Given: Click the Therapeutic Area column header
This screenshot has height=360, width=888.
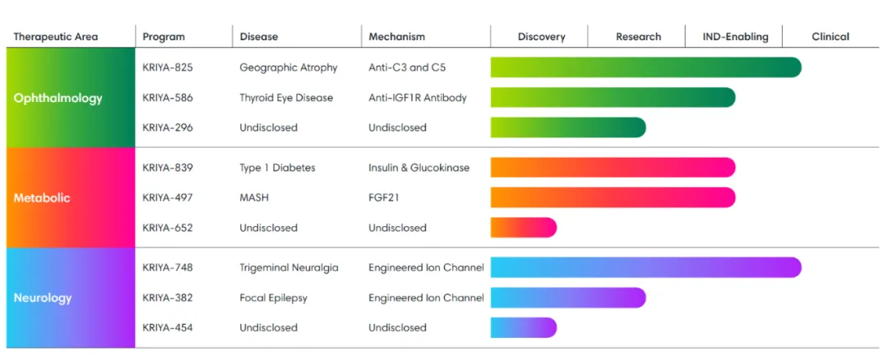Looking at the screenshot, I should (55, 37).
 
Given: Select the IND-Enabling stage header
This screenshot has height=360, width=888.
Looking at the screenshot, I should (735, 37).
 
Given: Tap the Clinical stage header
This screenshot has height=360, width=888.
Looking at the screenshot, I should (830, 37).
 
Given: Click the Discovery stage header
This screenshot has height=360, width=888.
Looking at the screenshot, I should (541, 37).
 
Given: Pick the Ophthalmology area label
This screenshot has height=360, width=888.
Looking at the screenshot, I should (58, 98).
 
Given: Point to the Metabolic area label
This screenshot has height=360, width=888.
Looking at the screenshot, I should (42, 198).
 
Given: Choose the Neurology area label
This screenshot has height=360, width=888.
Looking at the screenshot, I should (43, 298).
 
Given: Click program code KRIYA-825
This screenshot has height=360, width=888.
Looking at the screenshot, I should (168, 67).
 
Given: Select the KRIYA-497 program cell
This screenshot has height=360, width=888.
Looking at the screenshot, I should (168, 198).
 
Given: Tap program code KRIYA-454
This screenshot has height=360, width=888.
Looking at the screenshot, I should (168, 328).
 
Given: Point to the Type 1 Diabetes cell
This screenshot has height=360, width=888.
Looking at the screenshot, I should (277, 168).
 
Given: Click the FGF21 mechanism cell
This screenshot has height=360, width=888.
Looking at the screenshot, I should (384, 198).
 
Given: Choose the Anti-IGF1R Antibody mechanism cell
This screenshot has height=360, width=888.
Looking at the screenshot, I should (418, 98).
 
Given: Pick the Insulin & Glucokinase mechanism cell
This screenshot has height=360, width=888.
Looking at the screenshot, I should (419, 168).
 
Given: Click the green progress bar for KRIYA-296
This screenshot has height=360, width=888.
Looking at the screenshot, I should (567, 127).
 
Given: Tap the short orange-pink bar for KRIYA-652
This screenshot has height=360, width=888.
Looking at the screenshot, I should (523, 228).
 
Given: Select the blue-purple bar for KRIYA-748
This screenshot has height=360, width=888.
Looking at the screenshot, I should (645, 268).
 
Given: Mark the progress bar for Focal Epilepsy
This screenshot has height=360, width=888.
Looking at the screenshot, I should (567, 298).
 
